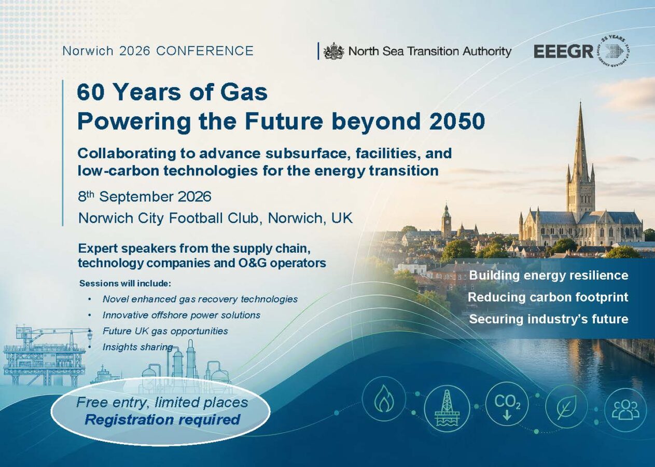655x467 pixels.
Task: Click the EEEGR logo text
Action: (x=564, y=52)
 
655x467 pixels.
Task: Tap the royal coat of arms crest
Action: (x=333, y=51)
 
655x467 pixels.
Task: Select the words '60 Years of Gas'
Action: (x=172, y=92)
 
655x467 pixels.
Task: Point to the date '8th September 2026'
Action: (x=145, y=196)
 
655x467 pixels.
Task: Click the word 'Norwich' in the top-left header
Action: (x=88, y=51)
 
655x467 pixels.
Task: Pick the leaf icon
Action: (x=567, y=406)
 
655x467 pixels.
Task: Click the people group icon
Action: (x=625, y=409)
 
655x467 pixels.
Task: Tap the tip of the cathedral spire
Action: (x=580, y=102)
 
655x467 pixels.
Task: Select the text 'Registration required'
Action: (x=162, y=420)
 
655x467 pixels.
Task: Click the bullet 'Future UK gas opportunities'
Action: (x=165, y=331)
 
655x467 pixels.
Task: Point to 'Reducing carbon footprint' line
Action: (x=548, y=297)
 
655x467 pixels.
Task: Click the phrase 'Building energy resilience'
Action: (x=549, y=276)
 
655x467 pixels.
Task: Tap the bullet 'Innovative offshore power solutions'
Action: (x=182, y=315)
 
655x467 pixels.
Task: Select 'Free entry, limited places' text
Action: (x=162, y=403)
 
